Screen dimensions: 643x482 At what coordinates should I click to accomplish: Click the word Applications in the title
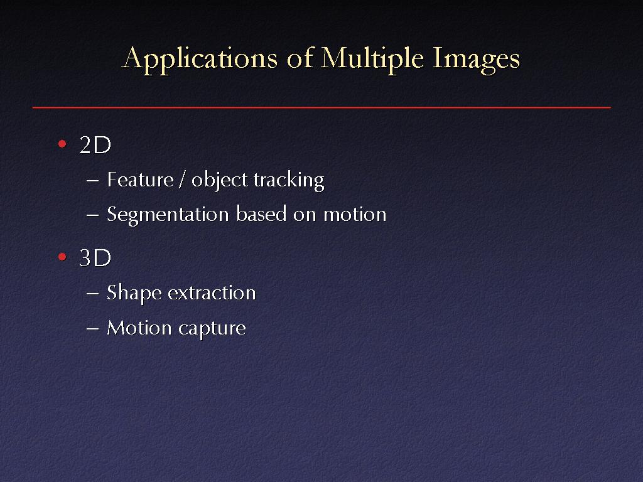[x=200, y=59]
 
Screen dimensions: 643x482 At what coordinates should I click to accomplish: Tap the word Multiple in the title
[x=372, y=59]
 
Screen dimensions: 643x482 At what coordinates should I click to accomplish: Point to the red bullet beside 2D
[x=62, y=144]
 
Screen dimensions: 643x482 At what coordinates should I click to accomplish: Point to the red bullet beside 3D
[x=62, y=257]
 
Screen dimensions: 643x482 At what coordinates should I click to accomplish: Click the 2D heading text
[x=95, y=145]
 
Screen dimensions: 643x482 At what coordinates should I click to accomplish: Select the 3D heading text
[x=95, y=258]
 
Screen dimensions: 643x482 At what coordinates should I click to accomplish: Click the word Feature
[x=140, y=180]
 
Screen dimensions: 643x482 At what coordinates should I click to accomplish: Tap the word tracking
[x=289, y=181]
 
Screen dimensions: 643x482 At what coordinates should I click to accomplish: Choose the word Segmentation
[x=168, y=215]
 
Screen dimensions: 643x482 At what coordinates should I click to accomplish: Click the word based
[x=261, y=214]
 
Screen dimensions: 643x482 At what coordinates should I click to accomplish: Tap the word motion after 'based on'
[x=355, y=215]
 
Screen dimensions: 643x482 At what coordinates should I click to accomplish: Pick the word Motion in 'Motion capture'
[x=139, y=328]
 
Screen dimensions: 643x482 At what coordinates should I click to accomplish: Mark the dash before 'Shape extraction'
[x=93, y=294]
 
